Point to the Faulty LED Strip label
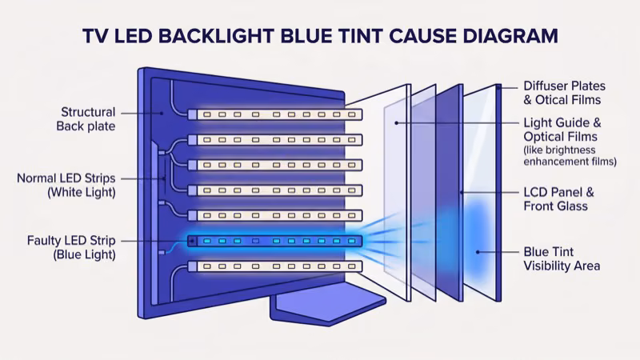(71, 247)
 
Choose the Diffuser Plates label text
(564, 93)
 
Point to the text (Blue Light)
(84, 255)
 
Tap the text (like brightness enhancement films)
(570, 156)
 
